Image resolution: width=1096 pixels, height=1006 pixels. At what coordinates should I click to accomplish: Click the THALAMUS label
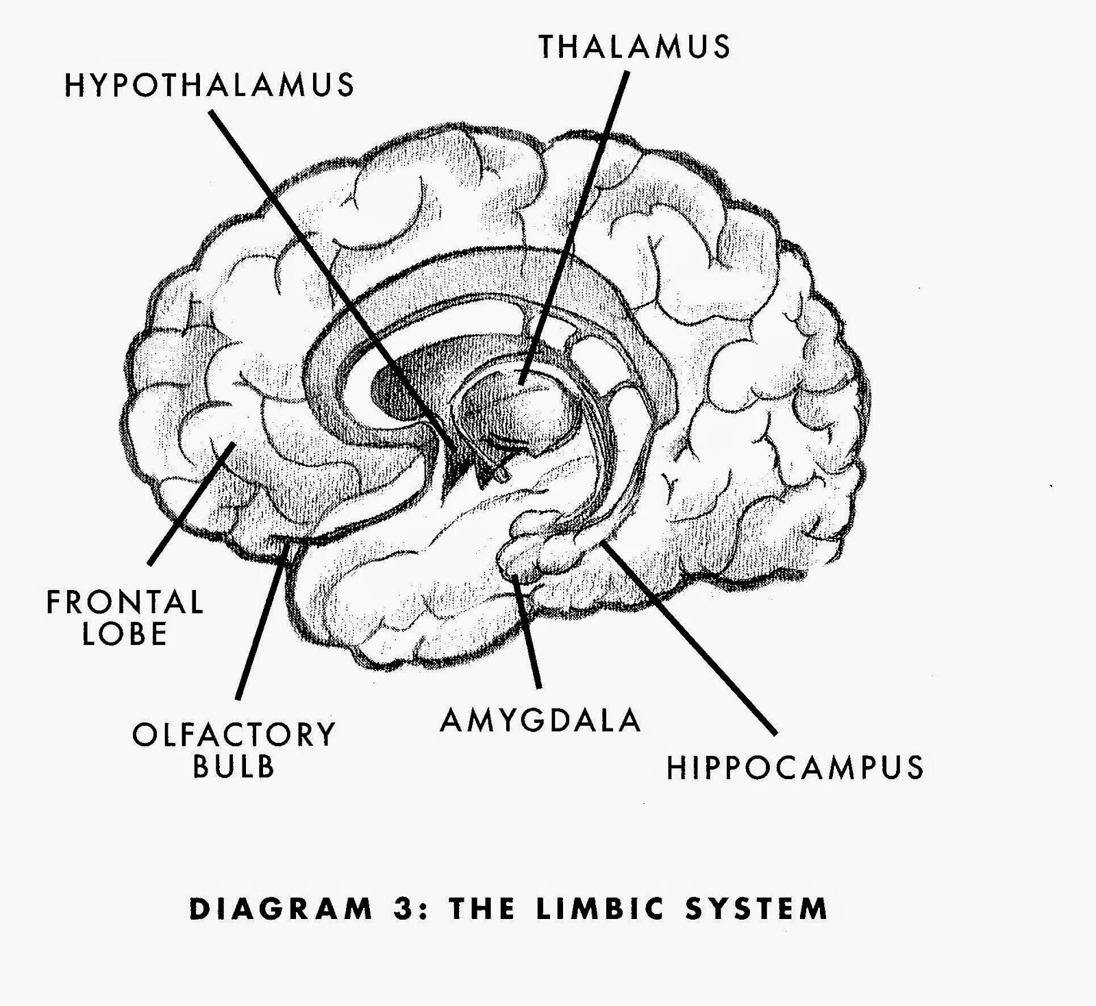click(634, 47)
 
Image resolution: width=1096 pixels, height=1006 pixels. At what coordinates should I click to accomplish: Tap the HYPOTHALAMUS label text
click(210, 86)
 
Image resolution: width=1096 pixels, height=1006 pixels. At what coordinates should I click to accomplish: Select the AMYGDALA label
click(540, 720)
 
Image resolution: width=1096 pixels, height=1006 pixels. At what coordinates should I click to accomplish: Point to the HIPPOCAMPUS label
click(795, 768)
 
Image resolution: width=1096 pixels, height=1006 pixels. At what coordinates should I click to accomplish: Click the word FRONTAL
click(125, 602)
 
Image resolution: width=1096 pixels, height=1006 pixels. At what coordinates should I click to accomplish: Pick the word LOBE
click(125, 634)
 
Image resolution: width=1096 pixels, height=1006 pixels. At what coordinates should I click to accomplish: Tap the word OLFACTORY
click(234, 735)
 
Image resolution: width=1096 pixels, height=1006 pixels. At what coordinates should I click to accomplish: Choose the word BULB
click(234, 766)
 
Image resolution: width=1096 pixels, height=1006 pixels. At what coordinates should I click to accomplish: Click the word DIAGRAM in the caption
click(281, 909)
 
